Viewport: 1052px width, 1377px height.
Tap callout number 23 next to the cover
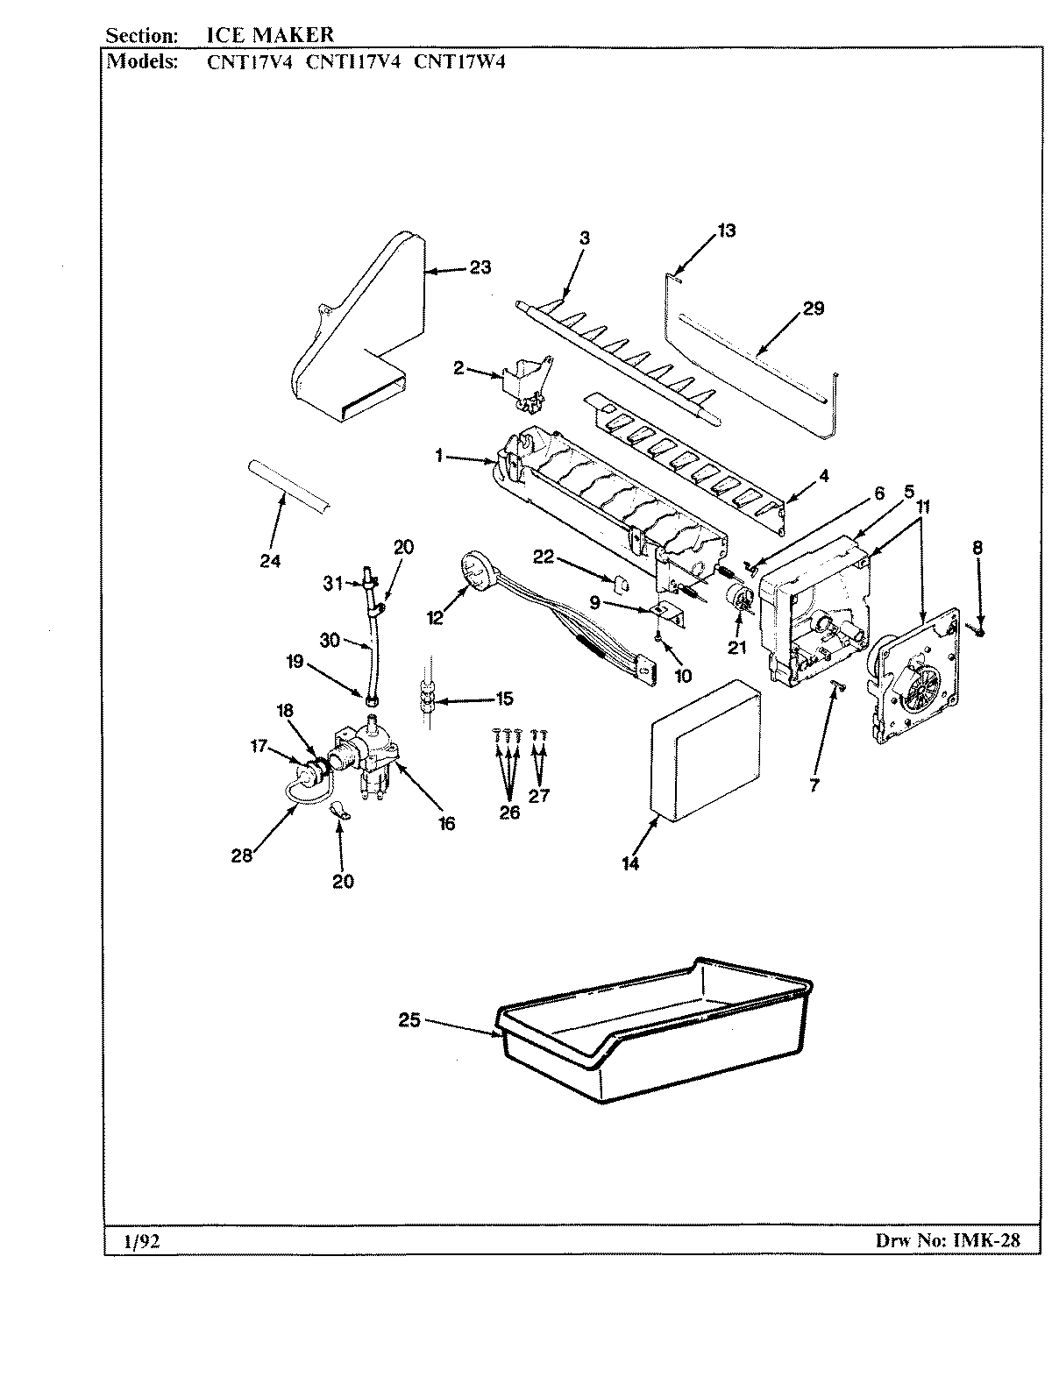pos(480,267)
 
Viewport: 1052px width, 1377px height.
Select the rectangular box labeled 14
pos(706,754)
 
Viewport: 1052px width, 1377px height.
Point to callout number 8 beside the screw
pos(977,549)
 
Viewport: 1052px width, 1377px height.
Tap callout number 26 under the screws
pos(509,812)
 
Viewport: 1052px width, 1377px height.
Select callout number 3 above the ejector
pos(585,237)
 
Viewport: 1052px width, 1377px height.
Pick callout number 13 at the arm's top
pos(726,231)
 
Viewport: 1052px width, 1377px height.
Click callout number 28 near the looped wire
pos(242,855)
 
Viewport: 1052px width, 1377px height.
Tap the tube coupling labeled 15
pos(426,699)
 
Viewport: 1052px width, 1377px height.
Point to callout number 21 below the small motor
pos(736,648)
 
